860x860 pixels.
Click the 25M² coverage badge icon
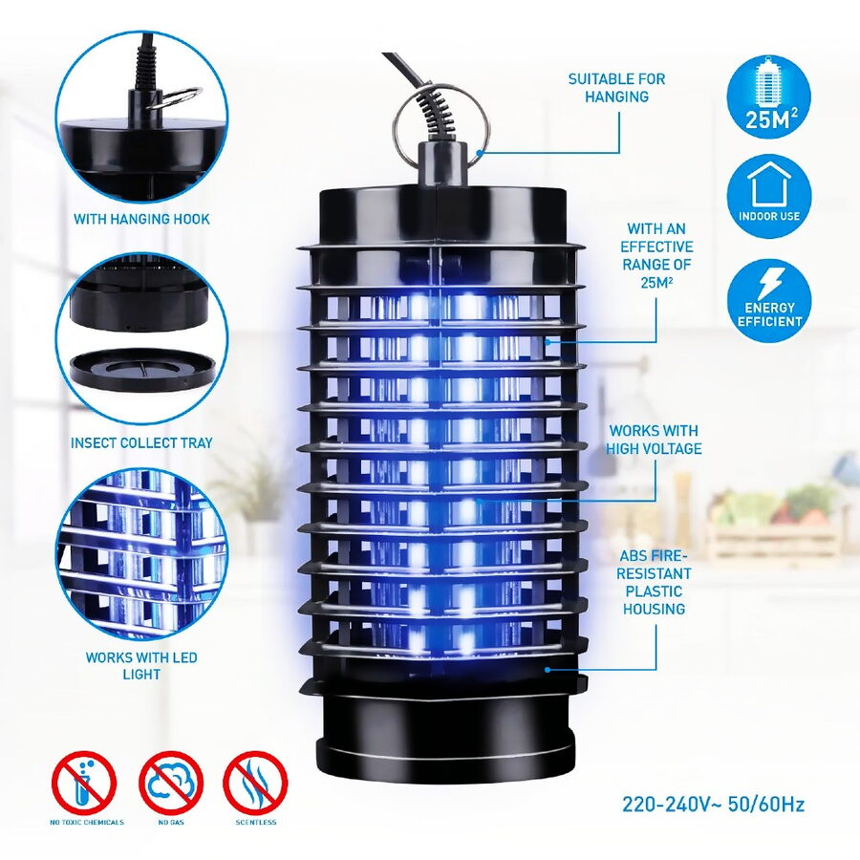click(768, 97)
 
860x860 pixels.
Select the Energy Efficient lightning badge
click(768, 301)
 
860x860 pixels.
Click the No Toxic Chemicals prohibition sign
click(84, 782)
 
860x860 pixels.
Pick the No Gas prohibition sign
click(171, 782)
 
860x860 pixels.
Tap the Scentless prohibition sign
click(255, 782)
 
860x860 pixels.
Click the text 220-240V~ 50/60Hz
click(713, 804)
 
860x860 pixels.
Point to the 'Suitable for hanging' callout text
click(616, 88)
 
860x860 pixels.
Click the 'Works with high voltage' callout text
click(654, 440)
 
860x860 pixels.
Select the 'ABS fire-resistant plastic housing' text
click(654, 582)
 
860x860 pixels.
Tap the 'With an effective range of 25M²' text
click(656, 255)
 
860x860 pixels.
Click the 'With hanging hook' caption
click(141, 220)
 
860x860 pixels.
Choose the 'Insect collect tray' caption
click(141, 442)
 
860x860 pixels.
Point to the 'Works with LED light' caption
click(141, 665)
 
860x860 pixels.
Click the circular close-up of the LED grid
click(141, 554)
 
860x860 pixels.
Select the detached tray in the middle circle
click(141, 369)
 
